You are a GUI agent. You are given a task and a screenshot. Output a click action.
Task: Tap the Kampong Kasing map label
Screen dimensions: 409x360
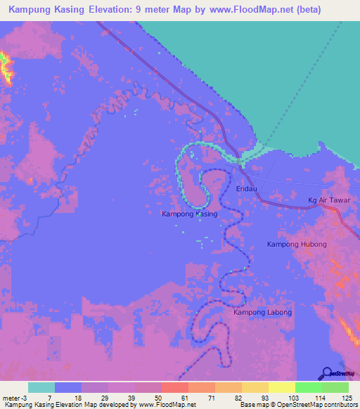[190, 213]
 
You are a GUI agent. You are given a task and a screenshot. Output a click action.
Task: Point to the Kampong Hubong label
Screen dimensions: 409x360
[297, 244]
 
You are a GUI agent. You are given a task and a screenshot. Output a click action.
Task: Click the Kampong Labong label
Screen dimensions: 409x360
[262, 311]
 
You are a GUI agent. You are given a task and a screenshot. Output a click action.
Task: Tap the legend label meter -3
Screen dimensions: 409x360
[15, 398]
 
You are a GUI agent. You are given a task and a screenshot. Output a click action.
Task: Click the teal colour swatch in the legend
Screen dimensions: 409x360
[41, 387]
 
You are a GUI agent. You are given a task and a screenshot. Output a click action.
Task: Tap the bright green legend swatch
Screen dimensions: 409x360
[309, 387]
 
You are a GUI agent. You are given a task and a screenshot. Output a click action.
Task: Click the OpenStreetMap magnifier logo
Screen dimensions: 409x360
[327, 373]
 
